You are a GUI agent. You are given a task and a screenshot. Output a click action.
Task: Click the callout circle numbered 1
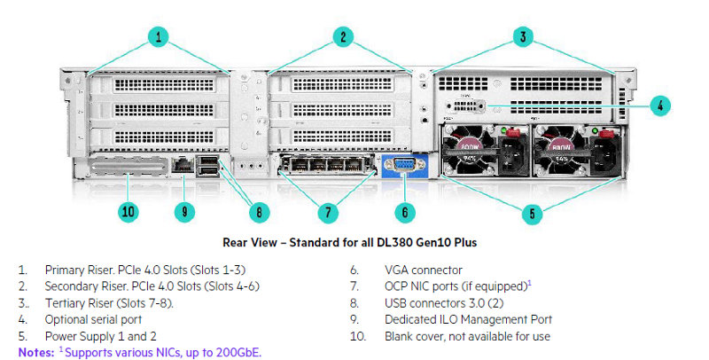(159, 36)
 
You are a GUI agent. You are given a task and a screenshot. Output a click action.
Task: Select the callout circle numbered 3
(525, 36)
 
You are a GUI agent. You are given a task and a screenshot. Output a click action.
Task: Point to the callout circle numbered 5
(532, 212)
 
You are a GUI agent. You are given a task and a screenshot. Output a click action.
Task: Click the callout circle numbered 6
(404, 212)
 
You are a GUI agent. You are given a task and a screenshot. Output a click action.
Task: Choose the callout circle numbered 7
(328, 212)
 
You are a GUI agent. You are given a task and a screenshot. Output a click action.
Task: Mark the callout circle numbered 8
(259, 212)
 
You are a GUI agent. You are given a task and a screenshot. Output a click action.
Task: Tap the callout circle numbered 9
(184, 212)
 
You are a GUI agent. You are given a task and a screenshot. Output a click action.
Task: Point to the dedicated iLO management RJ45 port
(183, 165)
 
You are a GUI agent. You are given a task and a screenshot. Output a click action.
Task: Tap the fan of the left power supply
(470, 151)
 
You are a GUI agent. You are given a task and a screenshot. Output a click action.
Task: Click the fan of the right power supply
(558, 151)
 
